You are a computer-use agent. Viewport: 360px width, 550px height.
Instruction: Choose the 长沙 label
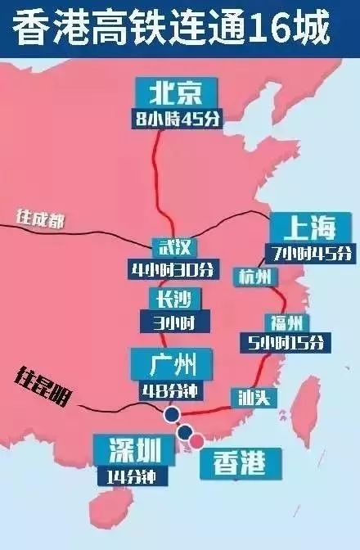(170, 300)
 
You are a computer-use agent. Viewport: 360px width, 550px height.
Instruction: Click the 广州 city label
(170, 362)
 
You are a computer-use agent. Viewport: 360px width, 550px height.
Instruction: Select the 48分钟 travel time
(169, 389)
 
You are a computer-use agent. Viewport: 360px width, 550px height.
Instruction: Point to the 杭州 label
(251, 277)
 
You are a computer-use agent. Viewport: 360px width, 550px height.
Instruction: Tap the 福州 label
(285, 321)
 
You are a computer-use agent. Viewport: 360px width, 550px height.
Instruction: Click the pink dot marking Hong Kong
(197, 443)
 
